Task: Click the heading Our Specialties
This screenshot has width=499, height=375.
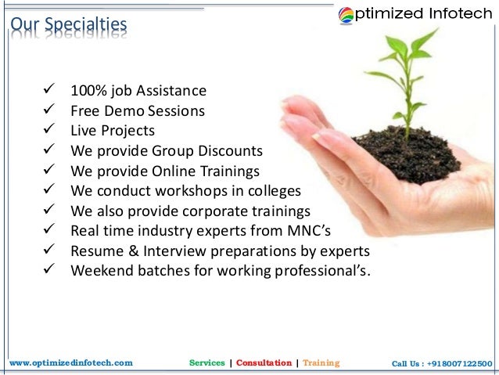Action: [67, 26]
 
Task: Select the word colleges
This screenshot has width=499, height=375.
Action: [272, 190]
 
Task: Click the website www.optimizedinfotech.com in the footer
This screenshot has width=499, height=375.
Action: [71, 363]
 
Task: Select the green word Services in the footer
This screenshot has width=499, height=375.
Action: [207, 363]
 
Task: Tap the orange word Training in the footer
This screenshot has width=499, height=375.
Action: [321, 363]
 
